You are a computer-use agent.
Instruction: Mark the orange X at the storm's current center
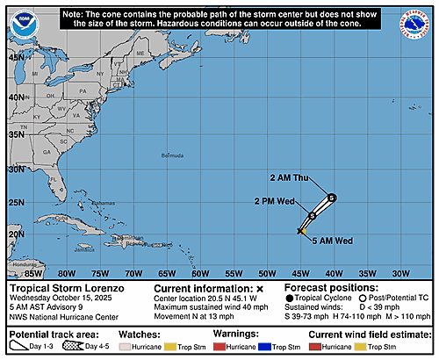[301, 231]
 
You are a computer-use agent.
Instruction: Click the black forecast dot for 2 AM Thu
[332, 198]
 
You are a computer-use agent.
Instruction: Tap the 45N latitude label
[16, 57]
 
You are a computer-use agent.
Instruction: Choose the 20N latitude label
[16, 235]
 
